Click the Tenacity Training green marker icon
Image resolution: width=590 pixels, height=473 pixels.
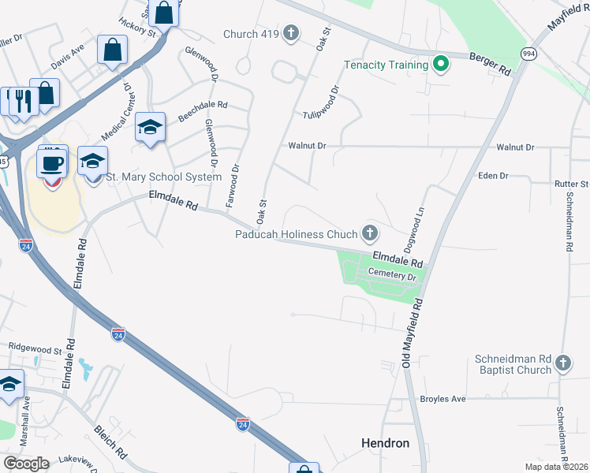(x=440, y=64)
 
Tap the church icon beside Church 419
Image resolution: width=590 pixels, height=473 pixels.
(x=291, y=33)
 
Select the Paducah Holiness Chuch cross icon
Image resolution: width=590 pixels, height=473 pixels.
(x=369, y=233)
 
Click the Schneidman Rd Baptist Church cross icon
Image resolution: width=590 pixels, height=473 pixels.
(x=562, y=363)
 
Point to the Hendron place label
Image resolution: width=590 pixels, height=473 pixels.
(x=385, y=443)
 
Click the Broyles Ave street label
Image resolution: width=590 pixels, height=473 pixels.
(x=442, y=399)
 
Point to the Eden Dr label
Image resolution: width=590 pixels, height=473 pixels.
(x=493, y=176)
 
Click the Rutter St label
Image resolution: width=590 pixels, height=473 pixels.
(x=572, y=184)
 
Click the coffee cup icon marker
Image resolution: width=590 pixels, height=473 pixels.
(x=53, y=163)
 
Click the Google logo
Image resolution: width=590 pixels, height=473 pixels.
(x=25, y=464)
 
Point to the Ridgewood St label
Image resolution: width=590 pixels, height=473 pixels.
(x=35, y=348)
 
